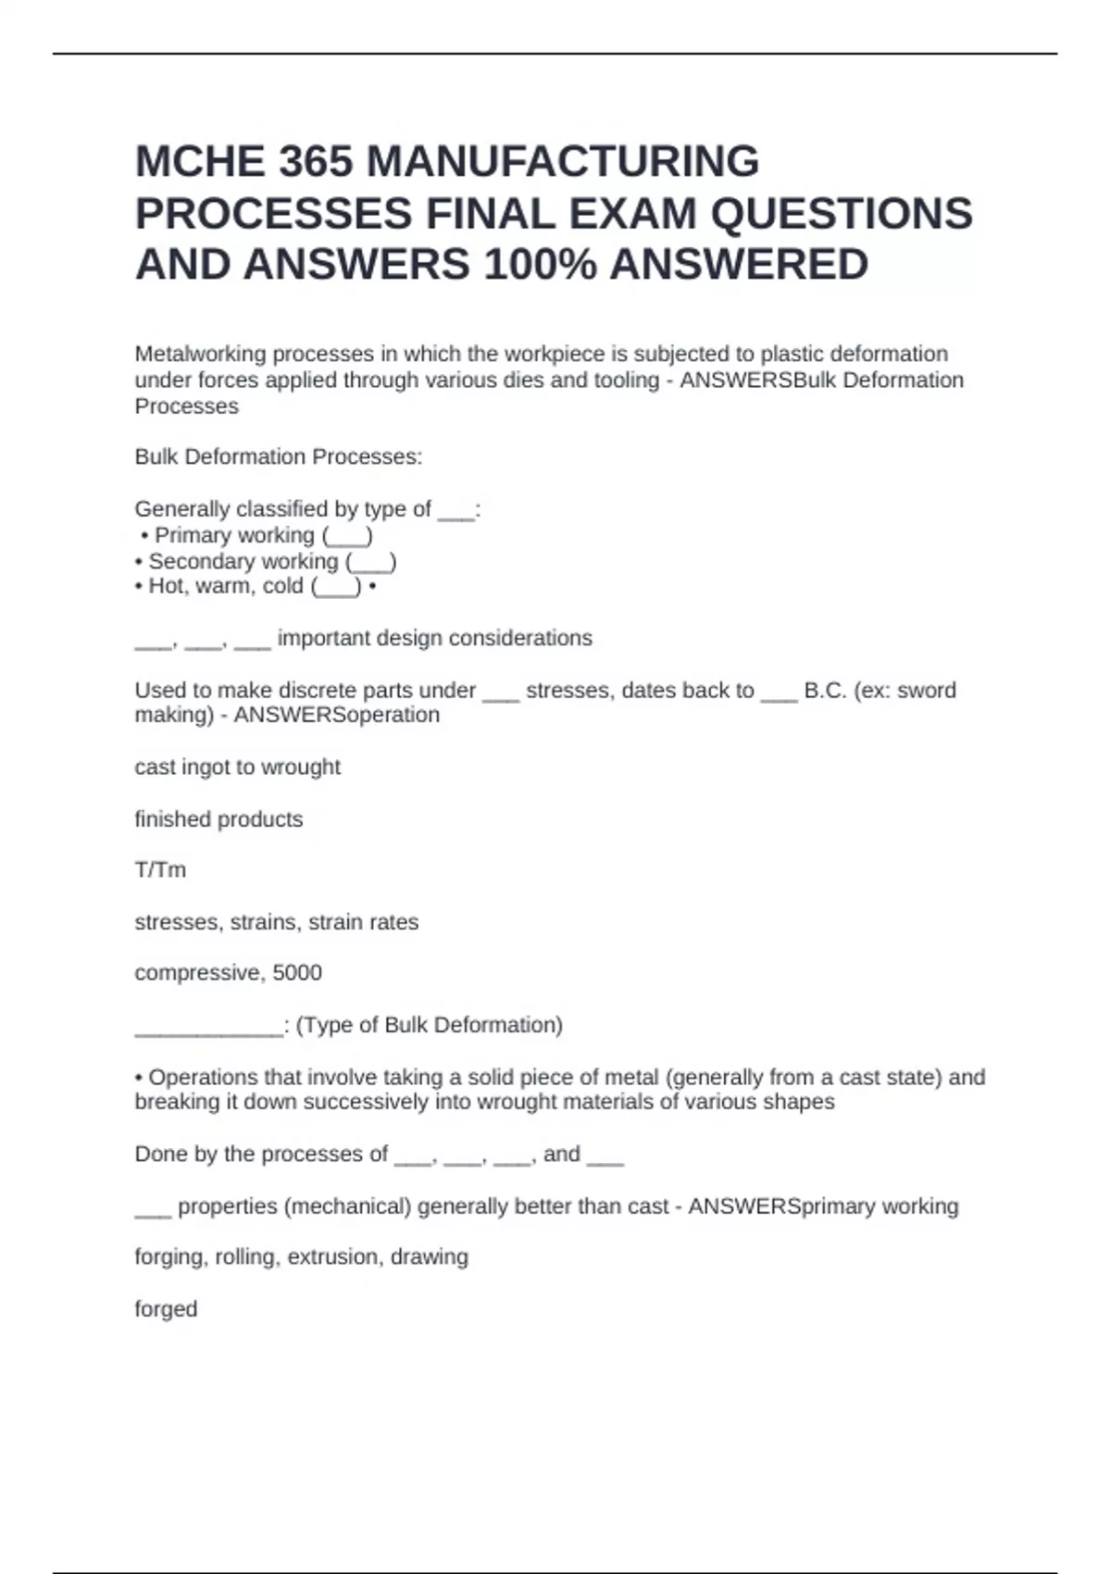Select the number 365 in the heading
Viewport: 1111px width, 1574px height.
point(316,162)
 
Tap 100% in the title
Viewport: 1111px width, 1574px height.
point(540,265)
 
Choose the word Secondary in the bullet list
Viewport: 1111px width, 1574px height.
point(196,561)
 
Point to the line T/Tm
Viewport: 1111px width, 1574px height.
point(160,870)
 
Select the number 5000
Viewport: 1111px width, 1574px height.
point(297,972)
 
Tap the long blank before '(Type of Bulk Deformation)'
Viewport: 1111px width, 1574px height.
point(208,1026)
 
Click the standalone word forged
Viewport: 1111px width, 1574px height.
point(166,1309)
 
